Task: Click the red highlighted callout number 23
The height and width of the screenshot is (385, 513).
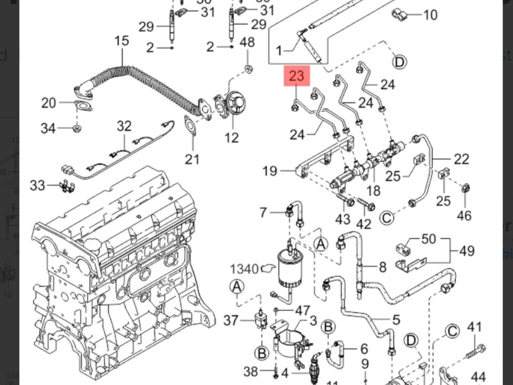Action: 296,76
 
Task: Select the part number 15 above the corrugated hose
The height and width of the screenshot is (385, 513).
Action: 122,41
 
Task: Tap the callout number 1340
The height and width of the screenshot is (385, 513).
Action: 244,269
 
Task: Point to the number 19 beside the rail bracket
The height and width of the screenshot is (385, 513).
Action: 270,171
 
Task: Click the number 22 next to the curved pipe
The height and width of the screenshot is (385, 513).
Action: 461,159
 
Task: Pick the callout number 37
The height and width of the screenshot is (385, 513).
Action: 231,320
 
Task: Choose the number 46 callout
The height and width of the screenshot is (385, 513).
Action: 464,215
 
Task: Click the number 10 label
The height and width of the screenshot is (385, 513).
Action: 430,14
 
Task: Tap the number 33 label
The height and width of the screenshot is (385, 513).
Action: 37,186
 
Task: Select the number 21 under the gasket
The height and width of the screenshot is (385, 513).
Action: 192,158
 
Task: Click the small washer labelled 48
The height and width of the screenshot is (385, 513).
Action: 248,68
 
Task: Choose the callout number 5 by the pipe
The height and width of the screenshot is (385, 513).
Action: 396,320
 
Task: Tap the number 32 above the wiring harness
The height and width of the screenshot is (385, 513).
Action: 124,126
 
